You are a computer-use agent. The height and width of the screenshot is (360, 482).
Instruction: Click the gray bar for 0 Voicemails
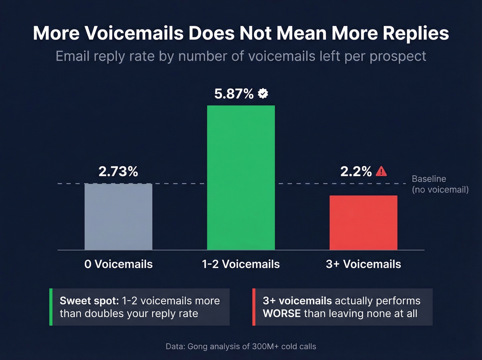coord(118,217)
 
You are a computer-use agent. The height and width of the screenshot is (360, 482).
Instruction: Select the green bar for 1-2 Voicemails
coord(241,177)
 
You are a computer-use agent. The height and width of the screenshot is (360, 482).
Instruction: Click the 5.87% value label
coord(234,94)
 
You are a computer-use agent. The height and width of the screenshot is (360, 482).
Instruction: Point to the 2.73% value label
coord(118,172)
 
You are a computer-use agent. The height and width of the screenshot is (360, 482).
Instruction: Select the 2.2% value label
coord(356,172)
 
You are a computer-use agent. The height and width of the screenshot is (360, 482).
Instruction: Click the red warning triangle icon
coord(381,171)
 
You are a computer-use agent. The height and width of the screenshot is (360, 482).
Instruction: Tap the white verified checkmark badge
coord(263,93)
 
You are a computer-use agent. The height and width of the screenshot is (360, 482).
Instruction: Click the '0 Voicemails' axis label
coord(118,264)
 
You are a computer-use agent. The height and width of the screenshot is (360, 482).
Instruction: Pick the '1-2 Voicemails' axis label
coord(241,264)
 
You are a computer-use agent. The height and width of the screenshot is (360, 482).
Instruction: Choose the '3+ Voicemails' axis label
coord(363,264)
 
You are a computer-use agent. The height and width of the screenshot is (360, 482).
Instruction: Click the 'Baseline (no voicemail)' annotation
coord(440,184)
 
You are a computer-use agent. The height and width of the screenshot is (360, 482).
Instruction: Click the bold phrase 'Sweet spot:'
coord(89,301)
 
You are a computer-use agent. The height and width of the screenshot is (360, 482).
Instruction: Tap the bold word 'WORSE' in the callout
coord(282,313)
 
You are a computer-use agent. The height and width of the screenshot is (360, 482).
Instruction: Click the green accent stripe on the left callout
coord(51,307)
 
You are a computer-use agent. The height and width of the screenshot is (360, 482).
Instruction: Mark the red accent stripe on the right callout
coord(254,307)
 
